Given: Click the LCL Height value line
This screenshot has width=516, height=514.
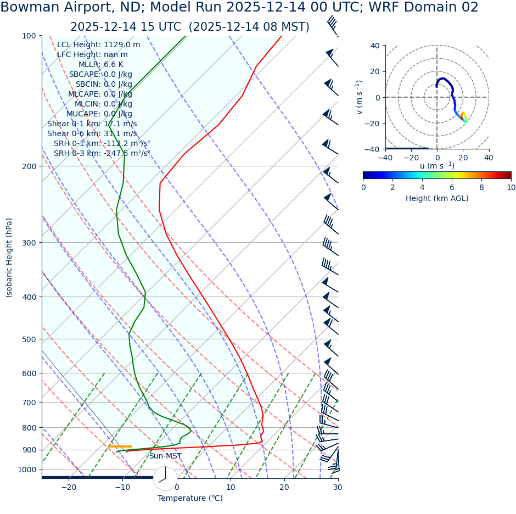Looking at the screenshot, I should coord(98,44).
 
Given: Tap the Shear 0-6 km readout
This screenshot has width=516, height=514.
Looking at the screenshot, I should coord(92,133).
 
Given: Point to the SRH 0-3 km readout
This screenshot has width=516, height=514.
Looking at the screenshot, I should coord(102,153).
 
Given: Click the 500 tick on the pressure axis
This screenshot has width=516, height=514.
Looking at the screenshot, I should coord(29,339).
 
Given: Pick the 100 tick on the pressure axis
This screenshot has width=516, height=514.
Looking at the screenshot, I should coord(29,36).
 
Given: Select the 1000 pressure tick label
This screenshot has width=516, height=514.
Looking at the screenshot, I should coord(26,470).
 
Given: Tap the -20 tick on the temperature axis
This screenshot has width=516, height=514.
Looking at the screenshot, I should coord(69,487).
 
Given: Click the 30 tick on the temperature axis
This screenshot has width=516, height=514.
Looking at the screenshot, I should coord(338,487).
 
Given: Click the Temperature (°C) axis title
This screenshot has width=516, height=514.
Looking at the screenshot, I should coord(190,499).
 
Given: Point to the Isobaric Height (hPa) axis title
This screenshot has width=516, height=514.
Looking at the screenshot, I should coord(9,258).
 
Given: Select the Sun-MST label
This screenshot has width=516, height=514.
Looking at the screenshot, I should coord(165,456).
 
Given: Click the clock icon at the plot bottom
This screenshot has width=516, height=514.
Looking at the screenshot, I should coord(165,478).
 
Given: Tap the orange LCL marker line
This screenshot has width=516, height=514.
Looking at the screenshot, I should coord(120,446).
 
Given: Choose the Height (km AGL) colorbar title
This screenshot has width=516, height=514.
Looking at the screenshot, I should coord(437,198).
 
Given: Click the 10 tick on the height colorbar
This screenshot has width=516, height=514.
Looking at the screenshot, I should coord(511,187).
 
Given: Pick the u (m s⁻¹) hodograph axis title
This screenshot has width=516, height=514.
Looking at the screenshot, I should coord(437,166).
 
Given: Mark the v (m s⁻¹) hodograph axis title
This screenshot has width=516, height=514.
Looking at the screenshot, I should coord(360,97).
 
